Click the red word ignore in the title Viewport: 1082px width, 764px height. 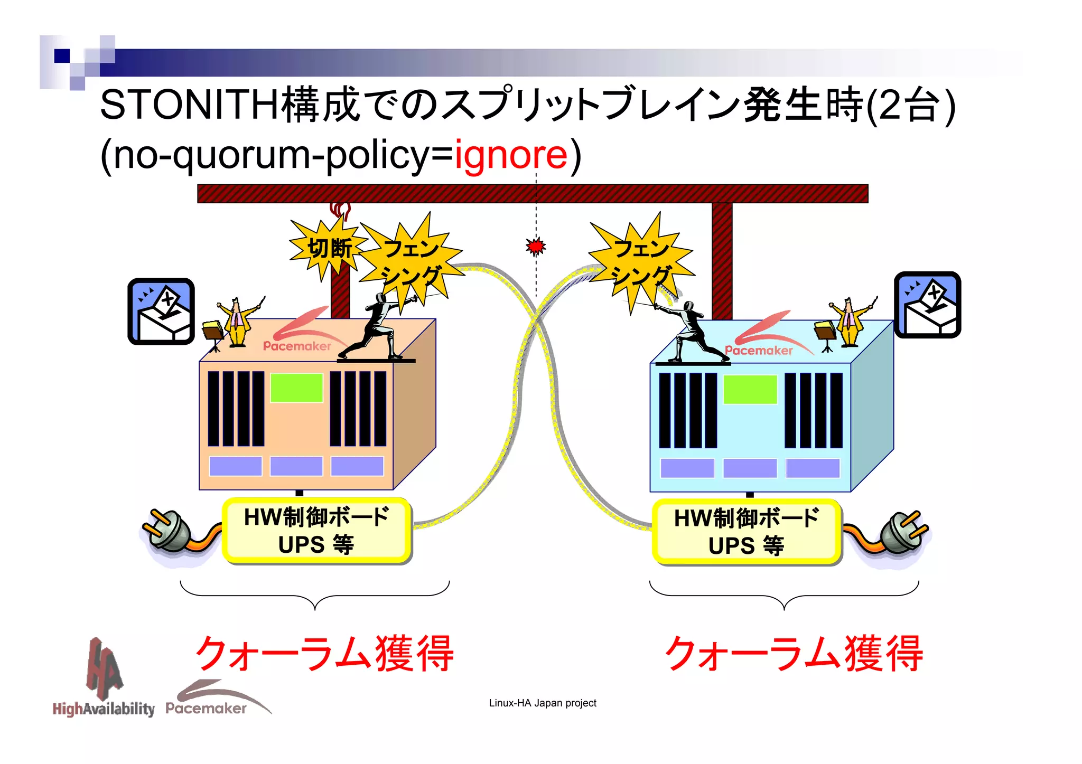(510, 155)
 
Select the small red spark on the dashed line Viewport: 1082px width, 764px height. (536, 246)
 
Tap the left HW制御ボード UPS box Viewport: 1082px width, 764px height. (316, 531)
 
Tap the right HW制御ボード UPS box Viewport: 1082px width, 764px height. (747, 532)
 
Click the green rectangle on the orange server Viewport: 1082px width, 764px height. (296, 388)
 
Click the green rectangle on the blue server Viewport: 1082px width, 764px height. (750, 390)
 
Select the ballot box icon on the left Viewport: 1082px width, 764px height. (161, 312)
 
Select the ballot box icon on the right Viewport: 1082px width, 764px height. (927, 305)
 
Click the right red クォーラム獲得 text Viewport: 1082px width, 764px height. (794, 654)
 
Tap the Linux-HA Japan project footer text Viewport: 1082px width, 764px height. (542, 703)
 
